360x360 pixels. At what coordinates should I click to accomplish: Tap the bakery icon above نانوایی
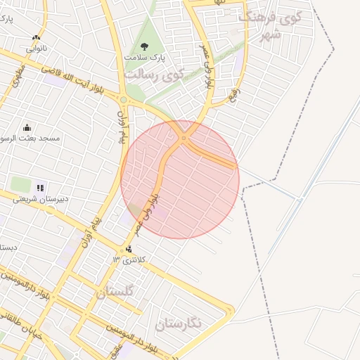(37, 37)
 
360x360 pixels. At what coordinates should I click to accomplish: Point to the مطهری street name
(18, 77)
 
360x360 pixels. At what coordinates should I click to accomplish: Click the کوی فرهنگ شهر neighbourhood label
(270, 25)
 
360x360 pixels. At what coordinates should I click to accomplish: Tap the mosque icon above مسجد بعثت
(27, 127)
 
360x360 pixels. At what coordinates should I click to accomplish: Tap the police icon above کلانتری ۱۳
(129, 249)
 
